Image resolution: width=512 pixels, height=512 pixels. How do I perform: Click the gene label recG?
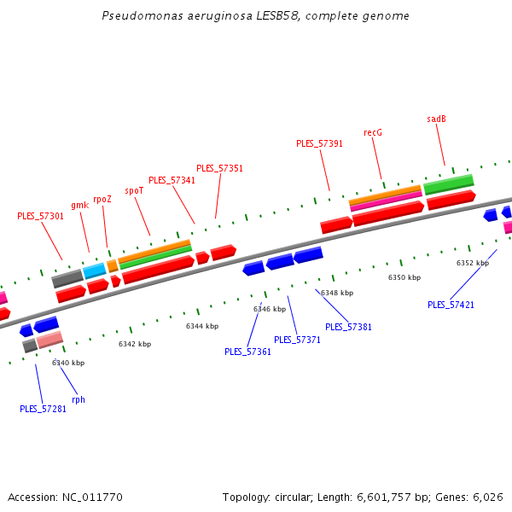[x=373, y=132]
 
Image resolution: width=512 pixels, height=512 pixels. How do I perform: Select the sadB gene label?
[x=437, y=119]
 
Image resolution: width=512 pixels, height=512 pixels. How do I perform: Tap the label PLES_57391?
[x=319, y=143]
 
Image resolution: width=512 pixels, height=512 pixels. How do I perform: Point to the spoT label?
[x=134, y=190]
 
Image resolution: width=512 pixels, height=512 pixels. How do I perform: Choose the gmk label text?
[x=79, y=205]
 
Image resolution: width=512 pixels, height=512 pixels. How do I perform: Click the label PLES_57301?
[x=40, y=216]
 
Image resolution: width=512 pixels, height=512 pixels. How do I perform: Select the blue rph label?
[x=79, y=399]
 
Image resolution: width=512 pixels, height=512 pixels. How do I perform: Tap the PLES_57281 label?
[x=43, y=409]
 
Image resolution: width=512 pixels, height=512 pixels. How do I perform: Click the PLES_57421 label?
[x=451, y=305]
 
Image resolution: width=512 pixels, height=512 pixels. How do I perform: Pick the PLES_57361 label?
[x=247, y=352]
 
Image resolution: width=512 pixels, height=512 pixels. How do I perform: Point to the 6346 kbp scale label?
[x=270, y=309]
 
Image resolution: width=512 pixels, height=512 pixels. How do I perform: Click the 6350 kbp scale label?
[x=404, y=277]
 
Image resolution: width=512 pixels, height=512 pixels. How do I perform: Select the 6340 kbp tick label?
[x=68, y=363]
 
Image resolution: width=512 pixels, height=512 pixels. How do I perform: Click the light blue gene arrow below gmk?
[x=95, y=271]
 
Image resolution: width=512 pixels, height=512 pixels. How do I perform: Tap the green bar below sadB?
[x=448, y=184]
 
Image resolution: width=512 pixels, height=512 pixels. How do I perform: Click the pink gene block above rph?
[x=49, y=340]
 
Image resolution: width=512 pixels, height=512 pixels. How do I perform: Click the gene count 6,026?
[x=487, y=497]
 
